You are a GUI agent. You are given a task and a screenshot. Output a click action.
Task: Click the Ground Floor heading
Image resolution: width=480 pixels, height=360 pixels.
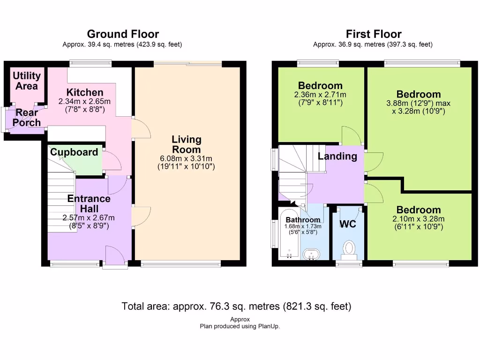coord(123,34)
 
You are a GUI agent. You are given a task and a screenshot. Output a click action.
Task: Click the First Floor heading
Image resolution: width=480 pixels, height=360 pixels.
coord(374,34)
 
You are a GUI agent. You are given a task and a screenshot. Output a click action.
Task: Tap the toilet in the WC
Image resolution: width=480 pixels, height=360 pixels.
coord(349,249)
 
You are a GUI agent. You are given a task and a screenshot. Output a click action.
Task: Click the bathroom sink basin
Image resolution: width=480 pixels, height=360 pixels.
coord(311,254)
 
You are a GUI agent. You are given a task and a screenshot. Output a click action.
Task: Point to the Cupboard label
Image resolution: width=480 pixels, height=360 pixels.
coord(74,152)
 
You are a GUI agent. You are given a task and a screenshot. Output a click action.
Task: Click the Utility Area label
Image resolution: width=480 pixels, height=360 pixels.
coord(26,81)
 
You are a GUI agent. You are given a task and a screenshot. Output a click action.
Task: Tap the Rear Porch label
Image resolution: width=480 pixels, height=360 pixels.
coord(26,117)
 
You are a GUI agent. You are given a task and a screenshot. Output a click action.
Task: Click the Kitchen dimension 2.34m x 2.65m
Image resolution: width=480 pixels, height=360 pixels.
coord(84,101)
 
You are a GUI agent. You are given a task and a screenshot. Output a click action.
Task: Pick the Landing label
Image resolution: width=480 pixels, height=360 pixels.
coord(337,157)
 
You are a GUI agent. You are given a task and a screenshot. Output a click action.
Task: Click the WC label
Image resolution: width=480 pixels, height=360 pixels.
coord(348,225)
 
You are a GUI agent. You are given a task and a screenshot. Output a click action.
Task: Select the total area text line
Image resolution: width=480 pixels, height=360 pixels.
coord(236,307)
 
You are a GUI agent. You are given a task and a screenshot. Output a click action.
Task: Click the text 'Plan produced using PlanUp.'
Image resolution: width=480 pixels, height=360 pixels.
coord(240,326)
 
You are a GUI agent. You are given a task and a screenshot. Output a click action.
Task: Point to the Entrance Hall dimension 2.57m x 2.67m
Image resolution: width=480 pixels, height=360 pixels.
coord(89,217)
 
